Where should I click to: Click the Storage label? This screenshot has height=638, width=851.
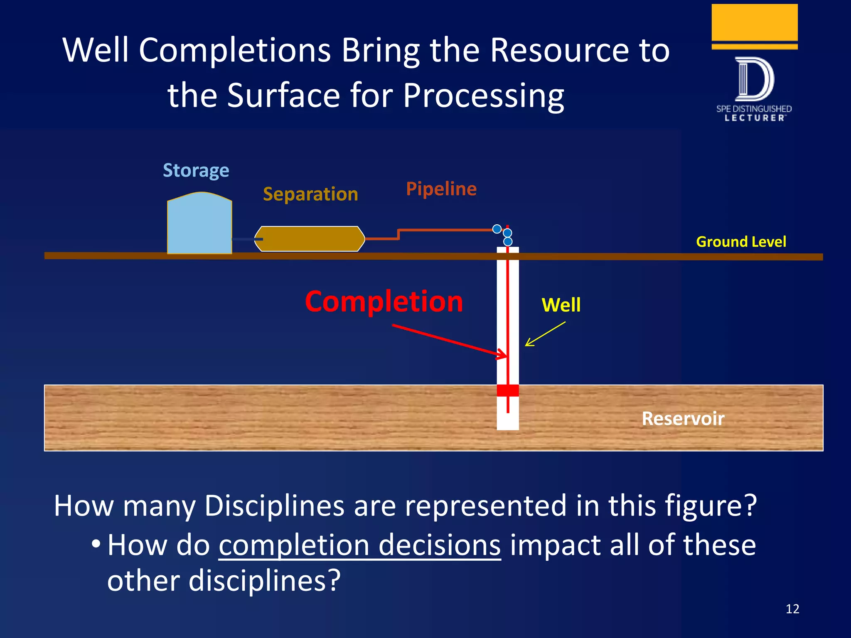point(196,170)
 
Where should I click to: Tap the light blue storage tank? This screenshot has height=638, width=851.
point(199,226)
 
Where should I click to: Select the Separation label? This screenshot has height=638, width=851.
point(310,194)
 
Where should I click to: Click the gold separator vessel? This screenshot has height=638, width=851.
point(310,239)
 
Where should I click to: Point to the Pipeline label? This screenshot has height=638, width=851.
point(441,189)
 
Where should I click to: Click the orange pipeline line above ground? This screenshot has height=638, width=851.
point(445,230)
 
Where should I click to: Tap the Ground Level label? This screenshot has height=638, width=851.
point(741,242)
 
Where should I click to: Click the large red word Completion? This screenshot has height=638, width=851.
point(384,302)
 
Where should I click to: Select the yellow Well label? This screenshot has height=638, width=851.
point(561,305)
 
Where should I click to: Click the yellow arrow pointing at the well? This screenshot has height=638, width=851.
point(545,334)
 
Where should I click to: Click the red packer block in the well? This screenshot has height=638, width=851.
point(508,390)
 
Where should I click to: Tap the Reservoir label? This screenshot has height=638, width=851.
point(683,418)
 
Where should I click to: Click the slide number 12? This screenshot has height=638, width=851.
point(792,609)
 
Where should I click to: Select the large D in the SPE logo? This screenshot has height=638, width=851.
point(754,79)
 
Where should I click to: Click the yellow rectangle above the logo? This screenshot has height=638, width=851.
point(754,22)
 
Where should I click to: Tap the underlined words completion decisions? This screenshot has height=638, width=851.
point(360,545)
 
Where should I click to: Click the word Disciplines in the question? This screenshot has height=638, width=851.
point(274,506)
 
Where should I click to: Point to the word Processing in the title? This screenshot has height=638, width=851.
point(483,96)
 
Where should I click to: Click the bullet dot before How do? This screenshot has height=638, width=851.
point(96,543)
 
